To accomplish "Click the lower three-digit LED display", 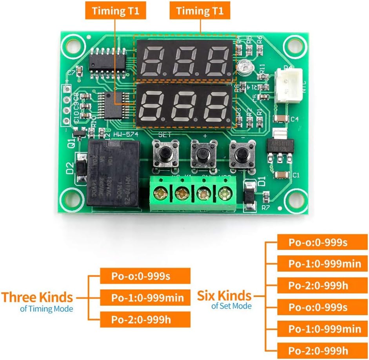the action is tap(184, 106).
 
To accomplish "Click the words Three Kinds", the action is tap(37, 297).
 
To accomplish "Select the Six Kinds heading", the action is tap(224, 295).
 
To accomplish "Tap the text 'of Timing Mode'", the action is tap(46, 309).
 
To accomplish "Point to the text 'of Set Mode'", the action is tap(231, 306).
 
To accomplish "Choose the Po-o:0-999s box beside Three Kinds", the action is tap(145, 276).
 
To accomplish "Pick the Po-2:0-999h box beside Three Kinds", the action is tap(145, 319).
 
